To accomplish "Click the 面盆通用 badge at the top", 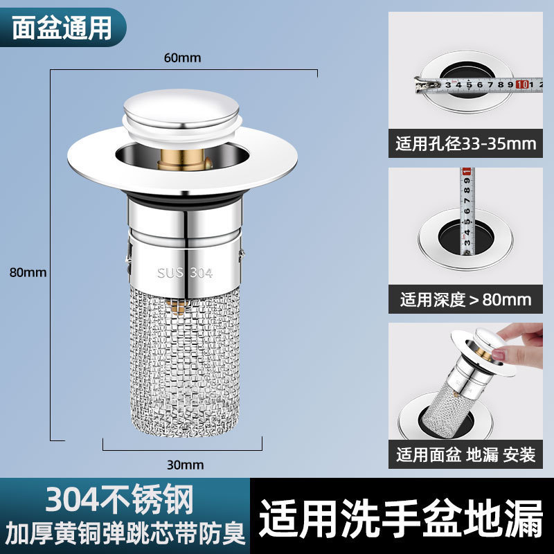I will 62,26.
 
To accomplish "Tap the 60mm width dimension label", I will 182,58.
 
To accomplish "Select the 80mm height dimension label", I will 28,272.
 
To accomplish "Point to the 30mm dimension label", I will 184,465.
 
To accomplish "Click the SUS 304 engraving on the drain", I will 184,273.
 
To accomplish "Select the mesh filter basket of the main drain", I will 184,360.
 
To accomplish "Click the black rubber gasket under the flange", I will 184,202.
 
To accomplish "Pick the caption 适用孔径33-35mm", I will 466,144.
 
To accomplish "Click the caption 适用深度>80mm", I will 466,299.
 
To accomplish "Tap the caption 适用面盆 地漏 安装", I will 466,455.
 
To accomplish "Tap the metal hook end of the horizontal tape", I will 420,86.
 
